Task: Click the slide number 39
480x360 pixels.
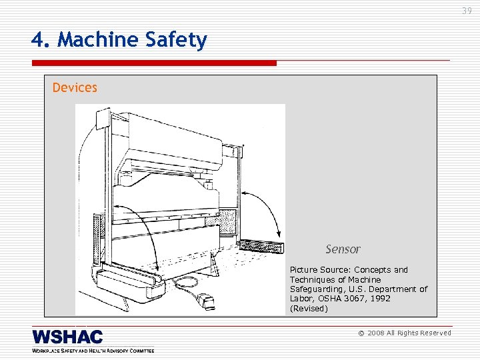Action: [x=466, y=11]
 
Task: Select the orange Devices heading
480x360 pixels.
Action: [x=75, y=87]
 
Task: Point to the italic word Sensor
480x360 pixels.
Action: [x=343, y=249]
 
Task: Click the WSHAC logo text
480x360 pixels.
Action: [x=67, y=337]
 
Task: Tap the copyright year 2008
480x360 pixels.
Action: [x=376, y=333]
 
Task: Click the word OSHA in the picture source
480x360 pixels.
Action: [x=331, y=299]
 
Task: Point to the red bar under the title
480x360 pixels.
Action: [x=153, y=63]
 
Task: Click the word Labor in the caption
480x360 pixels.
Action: [x=301, y=299]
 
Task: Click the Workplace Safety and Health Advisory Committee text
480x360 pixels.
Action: [x=93, y=350]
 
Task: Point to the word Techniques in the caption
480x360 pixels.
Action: [x=314, y=279]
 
